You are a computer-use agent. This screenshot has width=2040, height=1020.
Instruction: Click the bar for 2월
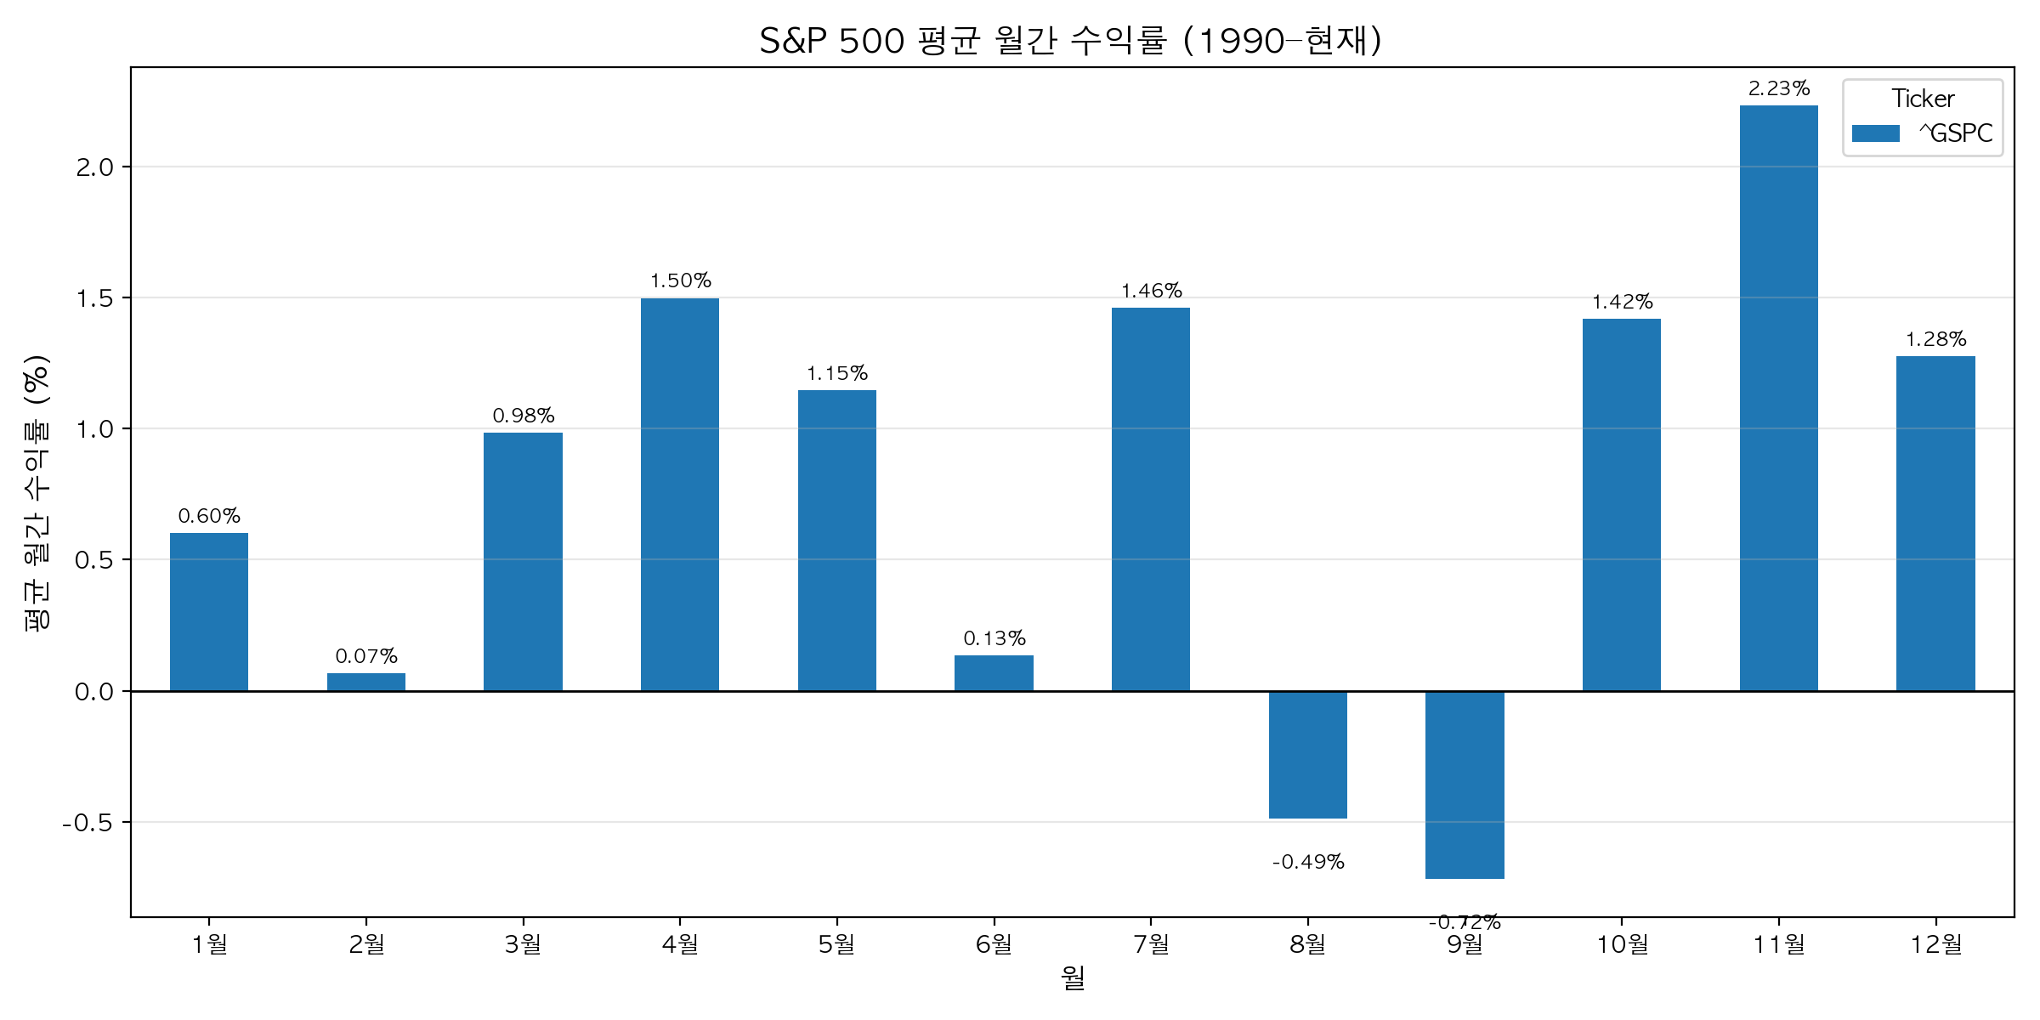[x=365, y=682]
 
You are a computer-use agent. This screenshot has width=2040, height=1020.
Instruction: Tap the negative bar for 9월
[x=1465, y=785]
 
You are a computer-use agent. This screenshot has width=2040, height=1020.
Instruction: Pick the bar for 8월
[x=1307, y=755]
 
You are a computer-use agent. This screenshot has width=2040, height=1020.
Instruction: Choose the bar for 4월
[x=679, y=494]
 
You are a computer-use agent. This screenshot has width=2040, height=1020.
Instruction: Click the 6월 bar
[x=994, y=672]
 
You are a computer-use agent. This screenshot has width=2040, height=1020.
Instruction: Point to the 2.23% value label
[x=1778, y=88]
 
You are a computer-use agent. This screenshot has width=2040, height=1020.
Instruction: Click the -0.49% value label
[x=1307, y=862]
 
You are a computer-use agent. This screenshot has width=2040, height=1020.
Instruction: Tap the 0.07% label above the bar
[x=365, y=656]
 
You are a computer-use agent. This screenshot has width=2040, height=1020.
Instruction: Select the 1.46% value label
[x=1151, y=291]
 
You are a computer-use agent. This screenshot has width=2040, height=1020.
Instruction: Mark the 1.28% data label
[x=1935, y=339]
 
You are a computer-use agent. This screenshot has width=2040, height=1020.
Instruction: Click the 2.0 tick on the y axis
[x=94, y=167]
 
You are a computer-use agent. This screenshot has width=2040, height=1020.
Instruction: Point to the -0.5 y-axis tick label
[x=88, y=823]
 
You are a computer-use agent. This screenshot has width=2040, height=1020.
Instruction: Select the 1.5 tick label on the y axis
[x=94, y=298]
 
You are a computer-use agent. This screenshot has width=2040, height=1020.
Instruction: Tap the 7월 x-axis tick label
[x=1151, y=944]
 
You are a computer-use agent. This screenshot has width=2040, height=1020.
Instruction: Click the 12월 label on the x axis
[x=1935, y=944]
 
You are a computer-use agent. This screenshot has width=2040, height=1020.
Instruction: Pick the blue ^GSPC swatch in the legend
[x=1875, y=133]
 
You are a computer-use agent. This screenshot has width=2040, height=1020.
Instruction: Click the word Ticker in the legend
[x=1923, y=99]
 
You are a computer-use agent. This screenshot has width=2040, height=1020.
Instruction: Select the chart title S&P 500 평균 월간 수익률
[x=1071, y=40]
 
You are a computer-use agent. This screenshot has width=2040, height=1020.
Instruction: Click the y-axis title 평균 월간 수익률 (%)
[x=37, y=493]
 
